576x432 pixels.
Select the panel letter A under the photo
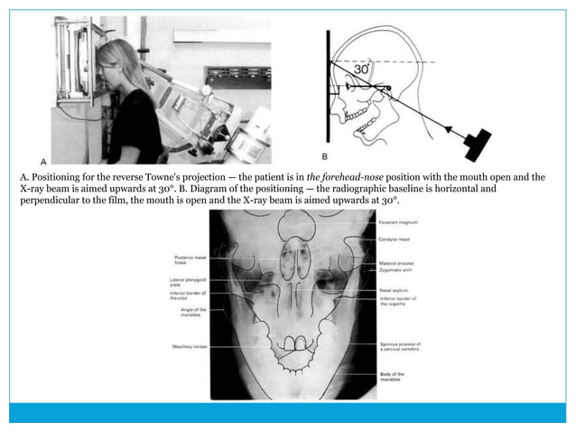[x=44, y=160]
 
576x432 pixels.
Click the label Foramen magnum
[x=401, y=221]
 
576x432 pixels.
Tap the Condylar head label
[x=397, y=240]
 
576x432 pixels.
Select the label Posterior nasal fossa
[x=188, y=260]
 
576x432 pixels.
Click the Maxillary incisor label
[x=187, y=347]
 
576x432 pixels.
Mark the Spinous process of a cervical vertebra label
[x=401, y=347]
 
